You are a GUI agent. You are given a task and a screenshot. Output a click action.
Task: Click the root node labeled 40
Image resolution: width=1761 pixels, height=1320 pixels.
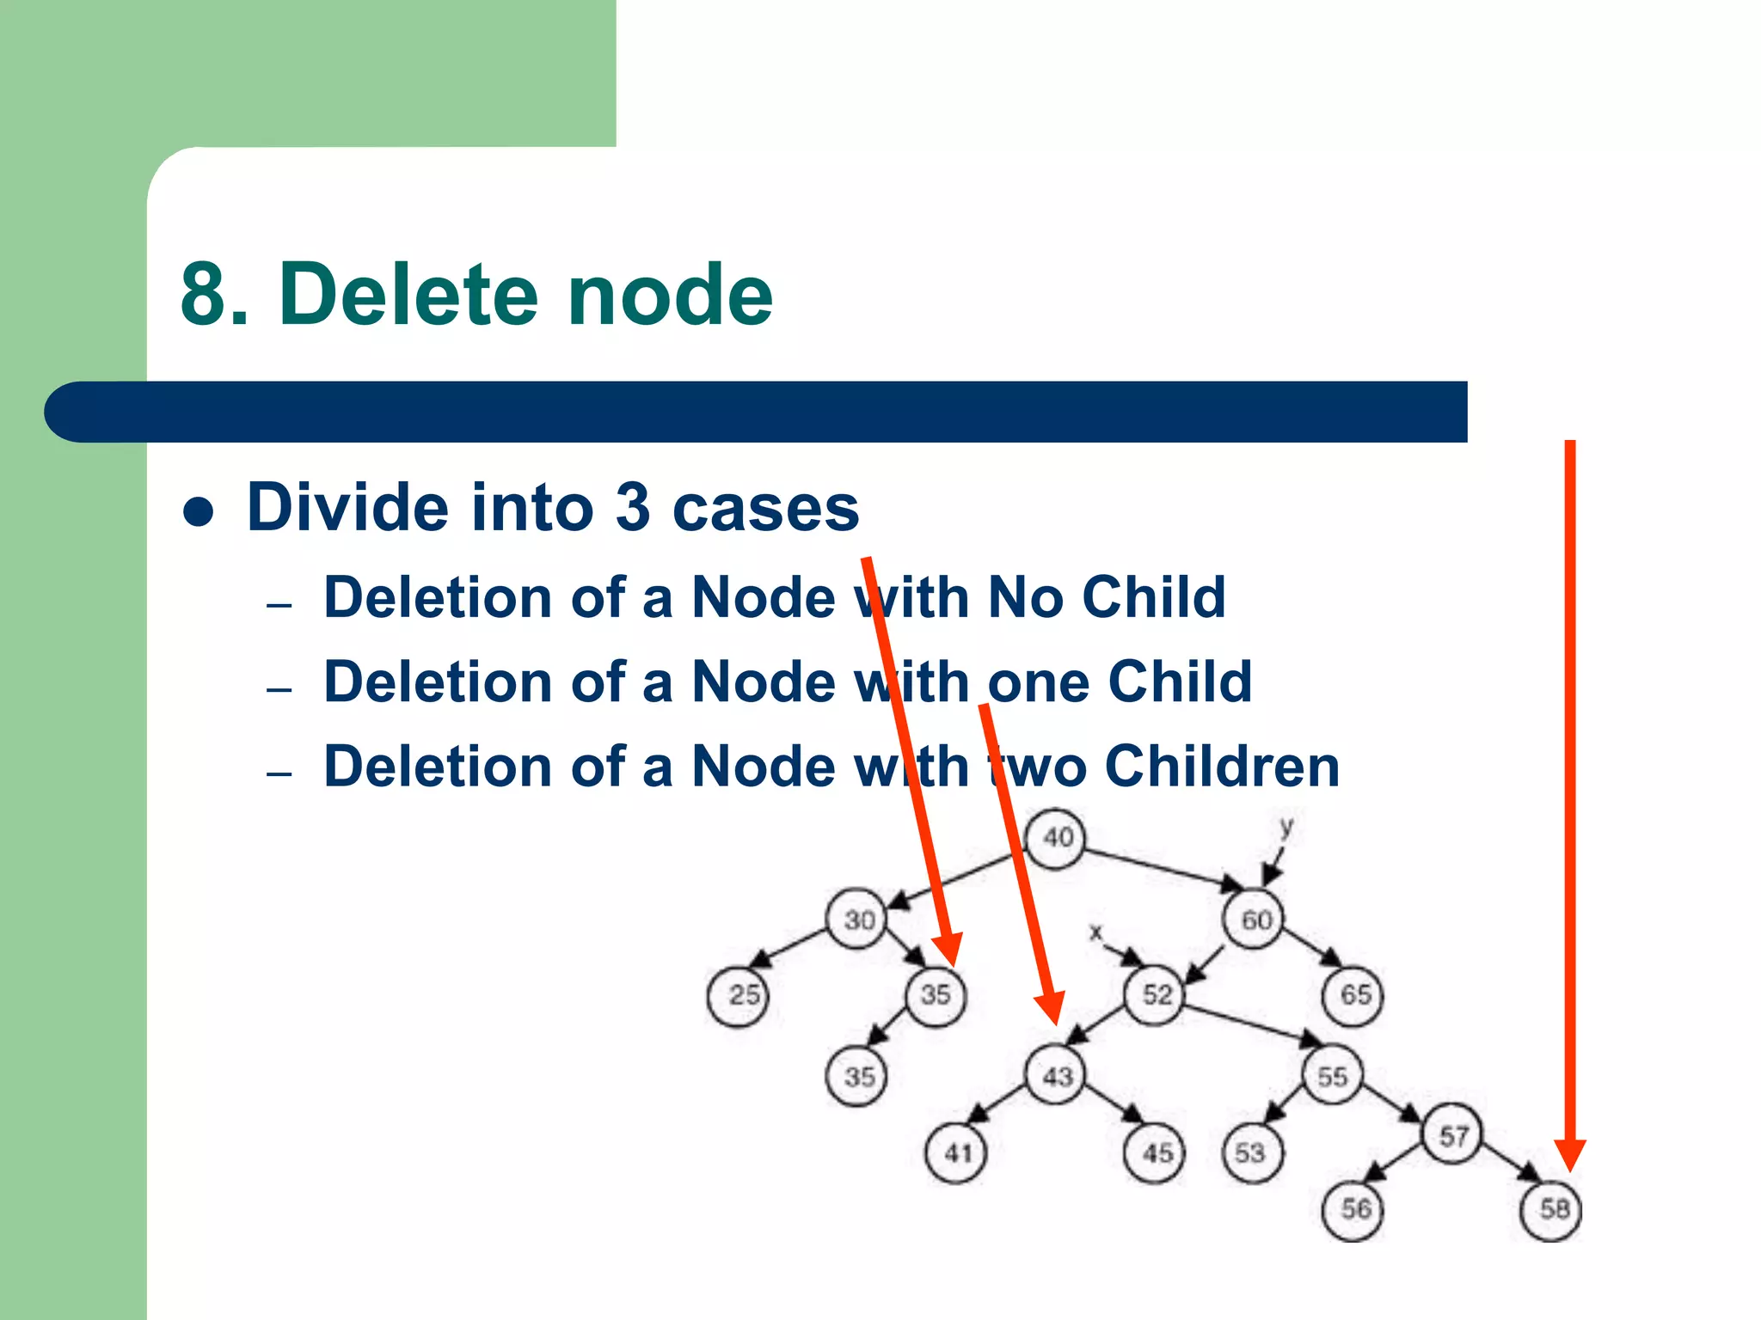click(x=1056, y=838)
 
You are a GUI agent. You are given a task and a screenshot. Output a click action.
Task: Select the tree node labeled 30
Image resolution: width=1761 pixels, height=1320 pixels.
click(x=856, y=920)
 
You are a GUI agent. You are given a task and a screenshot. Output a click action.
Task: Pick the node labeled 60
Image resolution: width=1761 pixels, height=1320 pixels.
click(x=1254, y=920)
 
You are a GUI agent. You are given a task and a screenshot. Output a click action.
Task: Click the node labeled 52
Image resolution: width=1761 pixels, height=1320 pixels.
click(x=1156, y=995)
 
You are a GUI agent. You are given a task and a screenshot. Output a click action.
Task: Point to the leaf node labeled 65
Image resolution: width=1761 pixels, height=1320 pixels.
click(x=1353, y=995)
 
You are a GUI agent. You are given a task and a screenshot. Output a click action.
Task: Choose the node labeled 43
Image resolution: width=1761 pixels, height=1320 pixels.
click(x=1056, y=1075)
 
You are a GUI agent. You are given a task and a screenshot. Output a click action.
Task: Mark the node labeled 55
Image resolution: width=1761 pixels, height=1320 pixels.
click(x=1331, y=1075)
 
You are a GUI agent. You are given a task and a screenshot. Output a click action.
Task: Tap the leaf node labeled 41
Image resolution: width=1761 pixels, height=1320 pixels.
click(x=956, y=1152)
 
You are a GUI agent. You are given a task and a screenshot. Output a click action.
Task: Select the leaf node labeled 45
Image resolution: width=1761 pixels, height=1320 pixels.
click(x=1156, y=1152)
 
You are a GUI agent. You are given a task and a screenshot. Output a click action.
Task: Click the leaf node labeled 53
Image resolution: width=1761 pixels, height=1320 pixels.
click(x=1252, y=1152)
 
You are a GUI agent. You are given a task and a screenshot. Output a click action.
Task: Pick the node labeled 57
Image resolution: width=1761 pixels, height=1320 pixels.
click(x=1453, y=1135)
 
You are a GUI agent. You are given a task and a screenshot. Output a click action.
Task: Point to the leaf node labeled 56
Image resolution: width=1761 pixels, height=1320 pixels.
click(x=1353, y=1209)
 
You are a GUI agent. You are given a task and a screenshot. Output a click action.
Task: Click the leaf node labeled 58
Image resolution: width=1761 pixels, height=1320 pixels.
click(x=1553, y=1209)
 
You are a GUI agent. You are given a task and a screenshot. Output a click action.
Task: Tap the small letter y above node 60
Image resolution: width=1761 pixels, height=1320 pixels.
click(x=1286, y=828)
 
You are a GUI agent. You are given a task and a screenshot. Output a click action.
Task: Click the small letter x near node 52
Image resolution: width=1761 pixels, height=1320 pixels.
click(x=1095, y=932)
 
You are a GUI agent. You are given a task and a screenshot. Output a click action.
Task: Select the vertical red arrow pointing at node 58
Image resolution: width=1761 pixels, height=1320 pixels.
click(x=1570, y=773)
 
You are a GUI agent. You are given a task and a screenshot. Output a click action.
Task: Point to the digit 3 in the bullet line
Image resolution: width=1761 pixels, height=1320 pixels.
click(x=633, y=507)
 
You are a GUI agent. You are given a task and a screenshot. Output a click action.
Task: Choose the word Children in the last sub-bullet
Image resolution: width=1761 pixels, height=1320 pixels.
click(x=1222, y=766)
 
